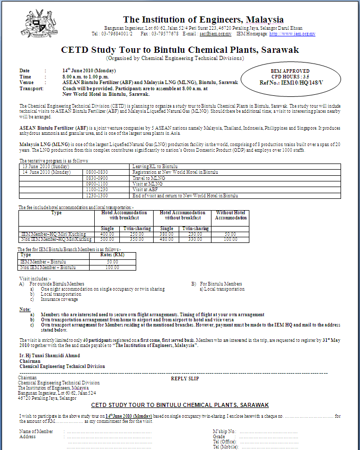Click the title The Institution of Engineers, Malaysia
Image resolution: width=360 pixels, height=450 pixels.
coord(203,19)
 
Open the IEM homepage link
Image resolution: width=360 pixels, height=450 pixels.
coord(292,34)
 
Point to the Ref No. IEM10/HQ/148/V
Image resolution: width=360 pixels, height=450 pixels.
coord(291,81)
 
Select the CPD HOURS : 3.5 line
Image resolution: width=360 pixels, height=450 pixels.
coord(290,76)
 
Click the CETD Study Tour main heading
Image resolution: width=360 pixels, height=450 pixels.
coord(180,50)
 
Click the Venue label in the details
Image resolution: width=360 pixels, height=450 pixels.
coord(27,82)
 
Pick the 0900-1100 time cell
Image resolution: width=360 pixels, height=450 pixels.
coord(97,183)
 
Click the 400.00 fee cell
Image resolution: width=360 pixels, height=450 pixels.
coord(107,234)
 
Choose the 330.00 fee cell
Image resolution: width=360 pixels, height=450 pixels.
coord(195,239)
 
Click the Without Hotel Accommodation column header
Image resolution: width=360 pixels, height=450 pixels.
coord(230,215)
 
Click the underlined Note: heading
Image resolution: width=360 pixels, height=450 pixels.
coord(25,310)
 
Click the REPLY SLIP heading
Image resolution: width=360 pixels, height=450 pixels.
coord(184,379)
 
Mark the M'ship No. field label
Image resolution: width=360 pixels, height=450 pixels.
coord(224,432)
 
